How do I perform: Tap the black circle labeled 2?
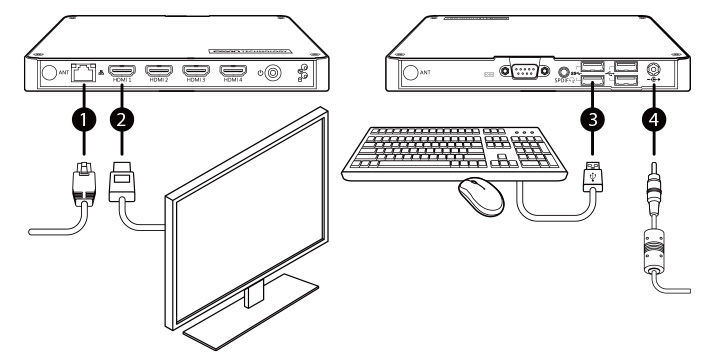tap(123, 119)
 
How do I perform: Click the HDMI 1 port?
tap(122, 71)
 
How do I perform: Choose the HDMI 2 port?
tap(159, 71)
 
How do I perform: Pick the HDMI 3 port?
tap(196, 71)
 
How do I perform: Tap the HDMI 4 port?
tap(233, 71)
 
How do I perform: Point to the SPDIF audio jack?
tap(566, 72)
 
